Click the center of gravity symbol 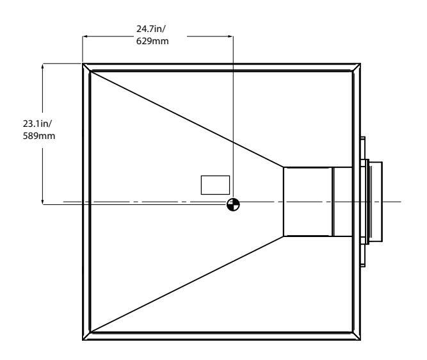coord(234,204)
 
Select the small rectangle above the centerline coord(215,184)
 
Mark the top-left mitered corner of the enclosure coord(86,67)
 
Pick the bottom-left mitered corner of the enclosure coord(86,336)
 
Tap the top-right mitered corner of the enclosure coord(355,67)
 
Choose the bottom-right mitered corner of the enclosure coord(355,336)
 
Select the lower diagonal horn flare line coord(186,284)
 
